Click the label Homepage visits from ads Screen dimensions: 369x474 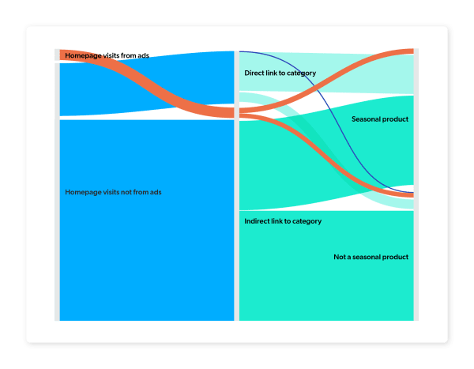pos(107,55)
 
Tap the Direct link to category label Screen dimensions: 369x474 pos(280,73)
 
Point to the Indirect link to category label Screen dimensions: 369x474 pos(283,221)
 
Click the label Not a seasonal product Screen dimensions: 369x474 pos(371,257)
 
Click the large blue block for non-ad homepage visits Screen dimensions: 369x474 pos(146,253)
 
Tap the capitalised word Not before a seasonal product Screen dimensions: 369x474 pos(340,257)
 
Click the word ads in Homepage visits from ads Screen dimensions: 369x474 pos(142,55)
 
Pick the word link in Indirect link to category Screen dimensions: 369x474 pos(282,221)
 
